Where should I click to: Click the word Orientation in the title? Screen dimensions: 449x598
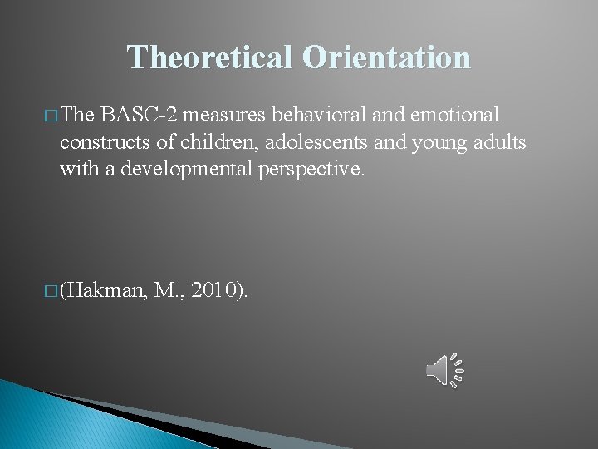(x=387, y=57)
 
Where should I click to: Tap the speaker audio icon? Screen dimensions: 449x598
(x=444, y=370)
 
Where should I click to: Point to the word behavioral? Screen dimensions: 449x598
(x=313, y=113)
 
